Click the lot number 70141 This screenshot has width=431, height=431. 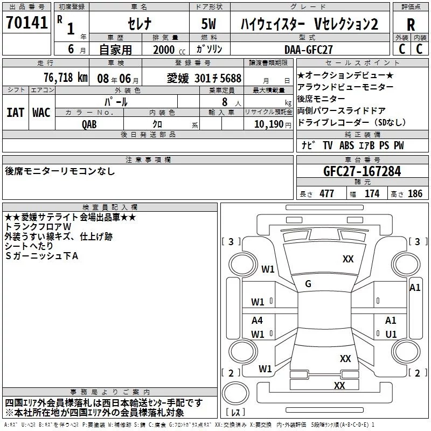27,22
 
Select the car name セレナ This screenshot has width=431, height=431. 140,24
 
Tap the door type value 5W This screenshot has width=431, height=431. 209,24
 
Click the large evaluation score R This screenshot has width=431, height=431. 411,24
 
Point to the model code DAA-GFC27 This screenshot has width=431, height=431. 308,50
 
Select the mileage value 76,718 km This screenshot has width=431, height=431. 66,78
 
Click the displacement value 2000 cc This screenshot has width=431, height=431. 169,50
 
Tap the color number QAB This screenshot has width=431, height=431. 89,124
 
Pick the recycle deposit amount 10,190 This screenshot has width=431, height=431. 269,124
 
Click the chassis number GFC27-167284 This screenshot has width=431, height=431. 362,171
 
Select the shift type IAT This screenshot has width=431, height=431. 16,113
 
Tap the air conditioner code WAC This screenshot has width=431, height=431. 41,113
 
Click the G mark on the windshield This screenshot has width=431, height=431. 308,284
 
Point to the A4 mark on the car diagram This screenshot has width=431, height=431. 257,320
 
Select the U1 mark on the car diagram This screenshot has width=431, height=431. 391,334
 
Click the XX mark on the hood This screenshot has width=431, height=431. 347,259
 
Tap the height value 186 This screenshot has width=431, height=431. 415,193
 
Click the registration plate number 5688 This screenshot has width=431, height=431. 231,78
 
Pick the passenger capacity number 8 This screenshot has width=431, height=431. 225,102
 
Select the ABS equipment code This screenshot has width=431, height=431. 346,145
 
